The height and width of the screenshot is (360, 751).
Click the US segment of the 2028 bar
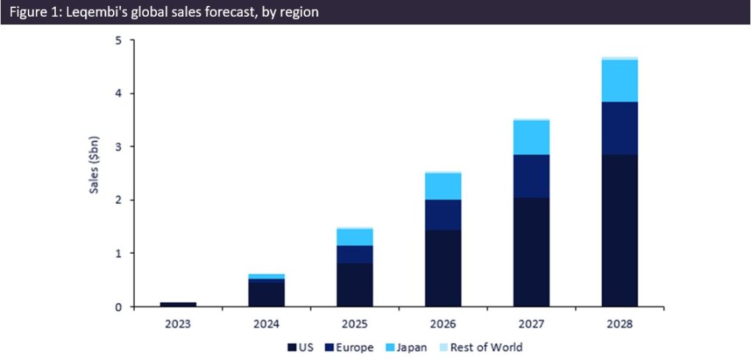(620, 230)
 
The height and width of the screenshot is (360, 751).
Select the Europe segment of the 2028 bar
(620, 128)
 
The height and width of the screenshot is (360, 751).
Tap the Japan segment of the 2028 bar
(620, 81)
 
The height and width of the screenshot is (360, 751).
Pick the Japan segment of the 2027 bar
(531, 137)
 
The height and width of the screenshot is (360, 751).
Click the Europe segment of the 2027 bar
(531, 176)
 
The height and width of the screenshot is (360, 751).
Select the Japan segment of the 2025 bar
(355, 237)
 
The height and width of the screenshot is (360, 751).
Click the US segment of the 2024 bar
(267, 293)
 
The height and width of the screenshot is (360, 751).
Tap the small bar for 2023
(178, 304)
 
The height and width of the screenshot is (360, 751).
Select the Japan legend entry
(409, 347)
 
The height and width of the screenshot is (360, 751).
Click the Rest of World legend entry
(485, 347)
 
